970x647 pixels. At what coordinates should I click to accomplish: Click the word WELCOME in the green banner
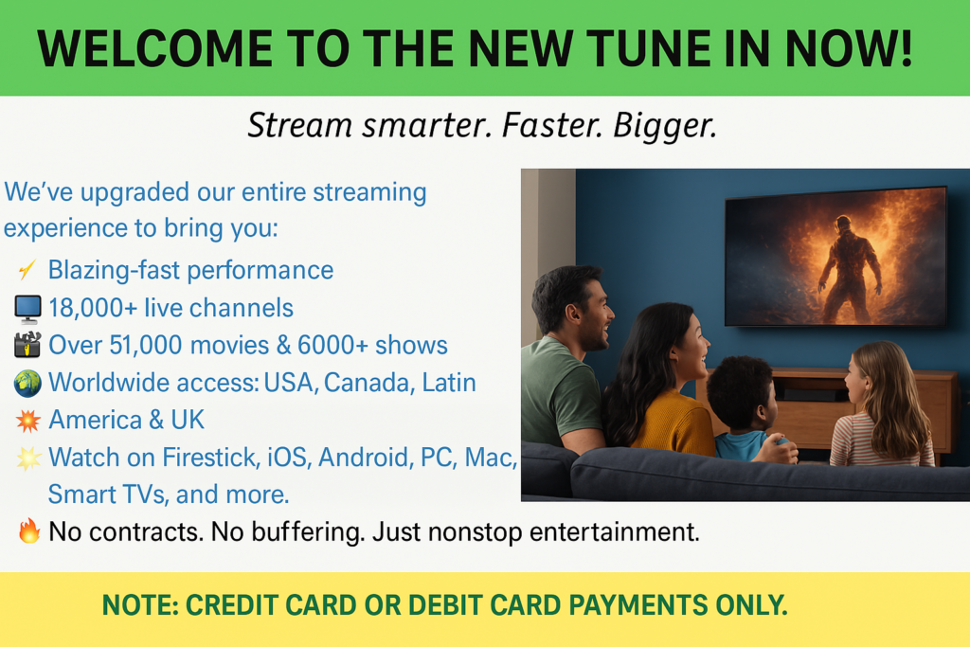[154, 49]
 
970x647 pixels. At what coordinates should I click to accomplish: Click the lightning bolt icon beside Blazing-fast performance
[27, 270]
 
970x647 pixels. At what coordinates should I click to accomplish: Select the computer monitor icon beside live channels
[27, 309]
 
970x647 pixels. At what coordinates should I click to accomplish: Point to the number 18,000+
[93, 308]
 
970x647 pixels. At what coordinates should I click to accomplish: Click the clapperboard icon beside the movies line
[27, 345]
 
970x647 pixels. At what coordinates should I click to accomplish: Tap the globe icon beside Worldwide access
[27, 383]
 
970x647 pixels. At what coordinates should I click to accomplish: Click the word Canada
[368, 383]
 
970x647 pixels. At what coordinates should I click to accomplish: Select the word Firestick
[210, 458]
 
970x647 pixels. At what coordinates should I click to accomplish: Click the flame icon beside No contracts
[29, 530]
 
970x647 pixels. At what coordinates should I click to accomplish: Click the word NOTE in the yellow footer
[140, 605]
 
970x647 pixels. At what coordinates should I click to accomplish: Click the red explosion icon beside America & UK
[27, 421]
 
